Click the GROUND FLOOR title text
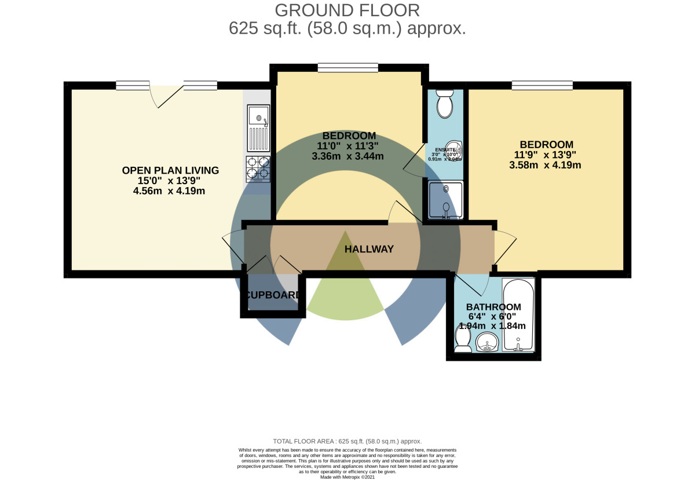click(x=348, y=10)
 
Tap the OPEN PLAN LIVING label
click(x=170, y=170)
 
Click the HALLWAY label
click(x=369, y=249)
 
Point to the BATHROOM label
click(x=493, y=307)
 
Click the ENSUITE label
click(x=445, y=149)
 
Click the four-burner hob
click(x=258, y=168)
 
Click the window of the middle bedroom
click(x=348, y=68)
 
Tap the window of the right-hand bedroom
click(x=542, y=86)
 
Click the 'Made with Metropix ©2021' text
click(x=348, y=477)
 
